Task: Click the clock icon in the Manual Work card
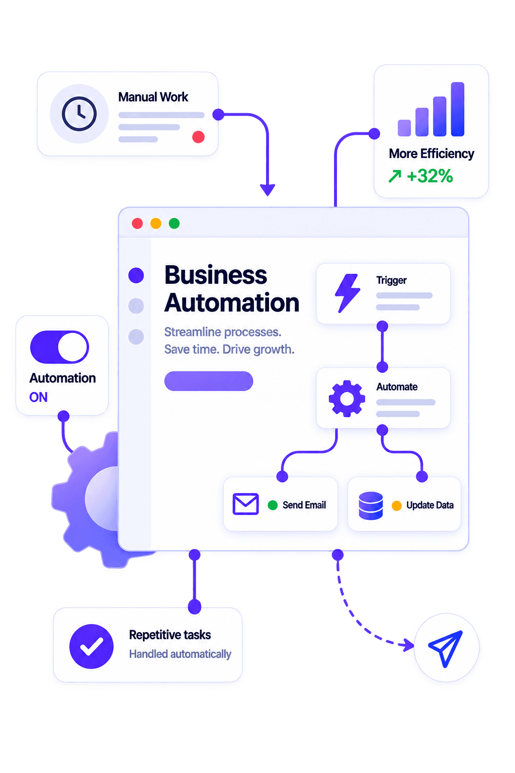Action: [x=79, y=114]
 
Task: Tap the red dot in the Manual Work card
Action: [x=198, y=137]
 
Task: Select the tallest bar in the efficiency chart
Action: [x=457, y=109]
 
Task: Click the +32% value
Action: [x=430, y=176]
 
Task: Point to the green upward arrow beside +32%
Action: [x=395, y=176]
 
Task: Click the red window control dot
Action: [x=137, y=223]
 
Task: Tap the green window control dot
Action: [x=174, y=223]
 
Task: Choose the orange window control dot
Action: [x=156, y=223]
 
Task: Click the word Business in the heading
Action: [x=216, y=275]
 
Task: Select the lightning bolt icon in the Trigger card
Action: [x=348, y=293]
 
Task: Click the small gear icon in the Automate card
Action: [x=347, y=399]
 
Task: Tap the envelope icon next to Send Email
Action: [x=245, y=504]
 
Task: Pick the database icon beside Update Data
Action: [x=371, y=506]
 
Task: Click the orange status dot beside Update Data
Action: [x=397, y=506]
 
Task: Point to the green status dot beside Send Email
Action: [x=273, y=505]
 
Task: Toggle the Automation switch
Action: [x=59, y=347]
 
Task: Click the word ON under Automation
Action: [x=38, y=397]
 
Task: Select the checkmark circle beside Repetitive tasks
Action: [x=92, y=646]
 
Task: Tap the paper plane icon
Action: [x=445, y=648]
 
